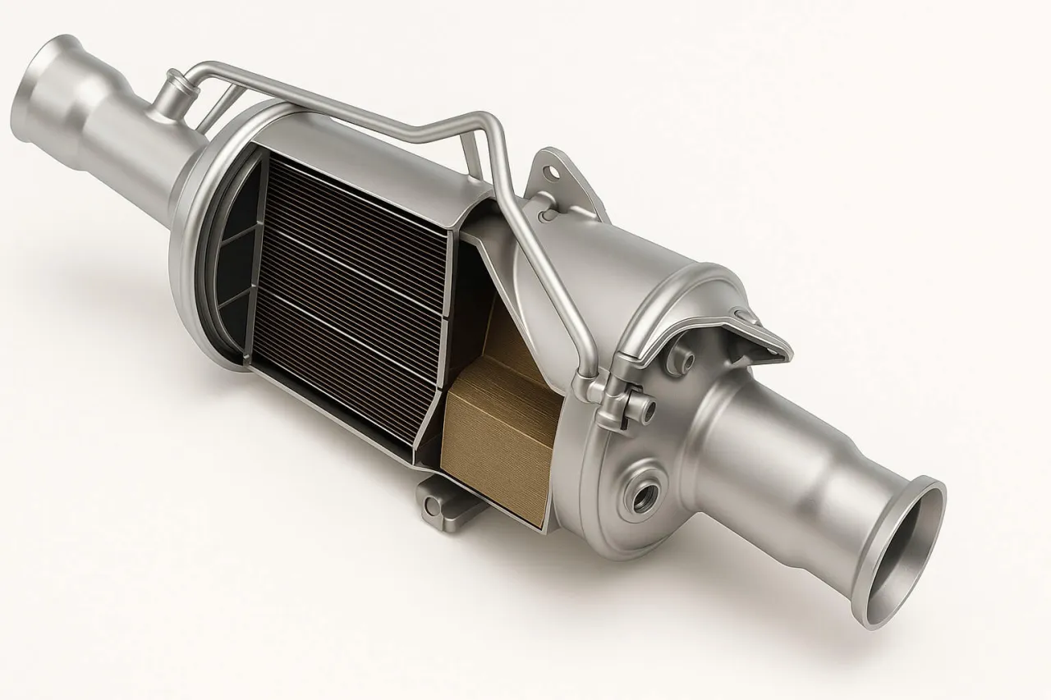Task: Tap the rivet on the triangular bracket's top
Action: (x=745, y=314)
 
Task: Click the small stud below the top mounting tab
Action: (x=544, y=215)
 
